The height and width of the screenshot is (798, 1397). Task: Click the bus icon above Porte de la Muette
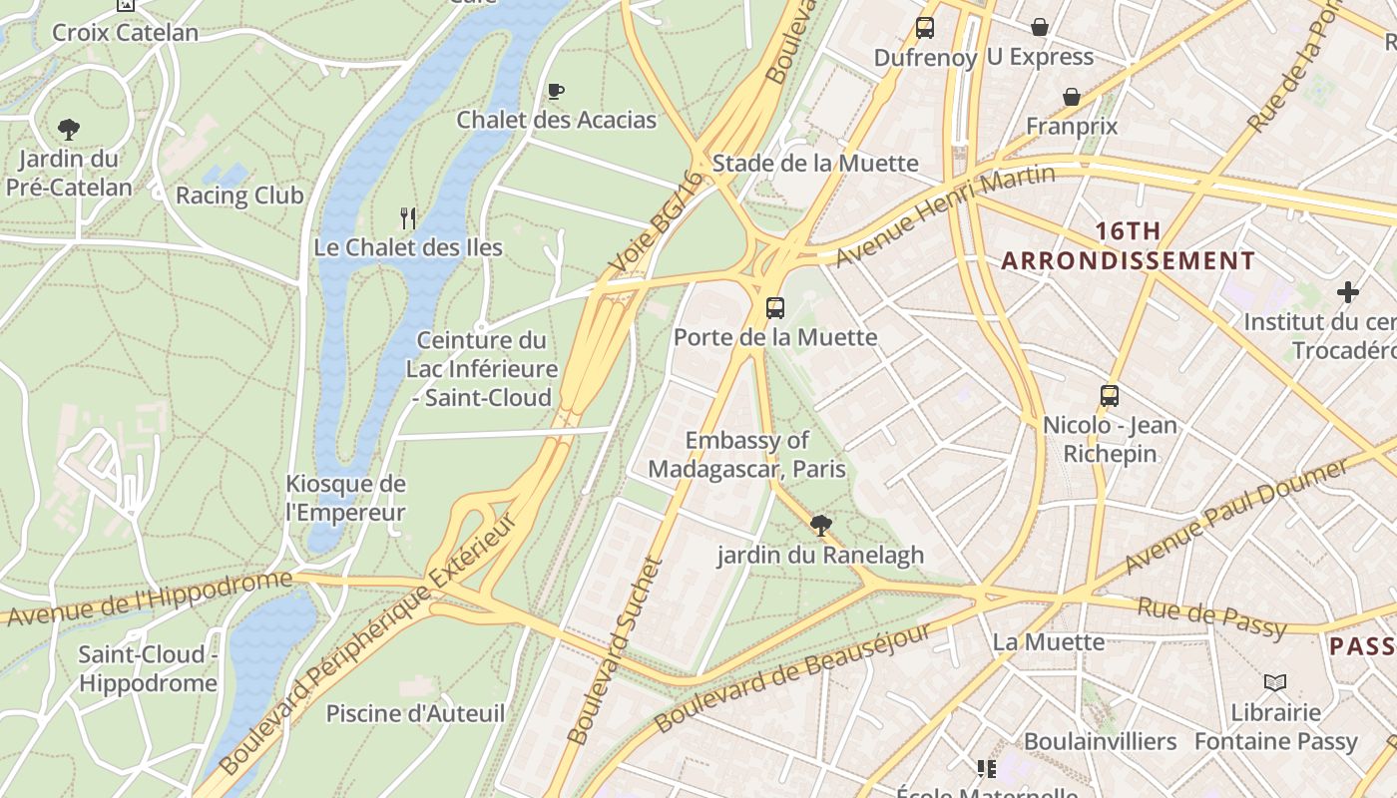775,307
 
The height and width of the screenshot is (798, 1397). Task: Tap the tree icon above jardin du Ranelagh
821,525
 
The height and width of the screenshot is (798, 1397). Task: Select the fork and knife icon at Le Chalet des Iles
407,217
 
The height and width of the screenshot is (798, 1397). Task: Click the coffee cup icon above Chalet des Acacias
556,92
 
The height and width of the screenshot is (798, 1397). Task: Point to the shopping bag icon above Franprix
1072,97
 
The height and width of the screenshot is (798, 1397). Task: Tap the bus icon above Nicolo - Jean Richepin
1109,395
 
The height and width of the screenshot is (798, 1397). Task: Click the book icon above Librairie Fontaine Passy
1275,682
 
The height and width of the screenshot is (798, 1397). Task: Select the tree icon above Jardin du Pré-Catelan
69,129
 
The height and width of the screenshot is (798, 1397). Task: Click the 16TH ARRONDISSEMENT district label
1128,246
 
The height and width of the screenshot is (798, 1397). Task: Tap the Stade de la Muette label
815,163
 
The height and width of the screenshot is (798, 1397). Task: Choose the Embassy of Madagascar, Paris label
746,454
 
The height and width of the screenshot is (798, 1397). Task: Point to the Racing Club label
239,195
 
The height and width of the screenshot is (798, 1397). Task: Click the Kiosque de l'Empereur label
345,499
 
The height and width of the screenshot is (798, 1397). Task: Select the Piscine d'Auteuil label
415,713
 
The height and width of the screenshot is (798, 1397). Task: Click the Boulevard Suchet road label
616,650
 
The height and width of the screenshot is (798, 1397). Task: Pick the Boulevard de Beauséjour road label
792,676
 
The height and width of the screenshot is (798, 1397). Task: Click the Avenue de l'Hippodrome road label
150,599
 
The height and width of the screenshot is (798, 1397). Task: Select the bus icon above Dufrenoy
925,28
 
